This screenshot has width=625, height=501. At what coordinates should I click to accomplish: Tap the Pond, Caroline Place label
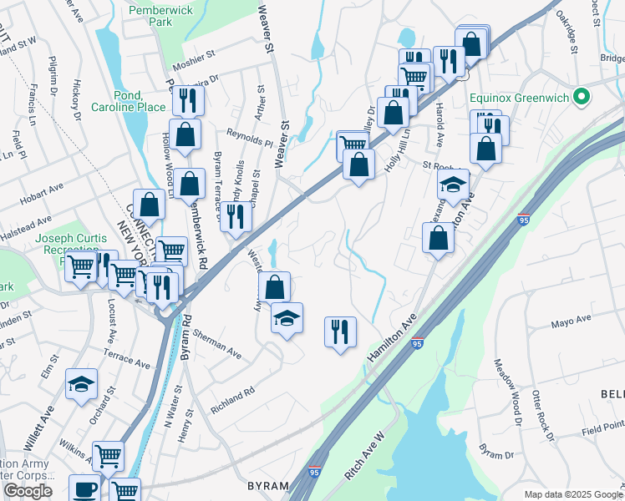point(118,101)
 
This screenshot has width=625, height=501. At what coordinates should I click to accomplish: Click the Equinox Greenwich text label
point(519,98)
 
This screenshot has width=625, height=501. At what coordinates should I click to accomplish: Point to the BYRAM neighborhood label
point(267,486)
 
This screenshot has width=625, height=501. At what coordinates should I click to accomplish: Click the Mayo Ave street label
point(572,321)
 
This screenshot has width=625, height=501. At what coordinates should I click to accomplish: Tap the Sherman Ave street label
point(216,343)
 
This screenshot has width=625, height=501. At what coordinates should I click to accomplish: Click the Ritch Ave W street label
point(364,456)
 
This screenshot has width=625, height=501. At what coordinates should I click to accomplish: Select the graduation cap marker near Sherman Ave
point(287,318)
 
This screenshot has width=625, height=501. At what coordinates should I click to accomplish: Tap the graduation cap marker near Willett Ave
point(82,384)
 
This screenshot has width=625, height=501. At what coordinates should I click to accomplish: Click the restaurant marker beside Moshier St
point(187,101)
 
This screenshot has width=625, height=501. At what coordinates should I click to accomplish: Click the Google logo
point(28,491)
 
